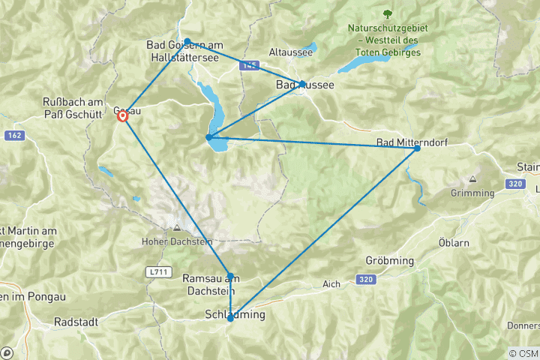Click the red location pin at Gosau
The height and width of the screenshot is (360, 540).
pyautogui.click(x=122, y=115)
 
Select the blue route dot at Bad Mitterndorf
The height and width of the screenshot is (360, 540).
pyautogui.click(x=417, y=148)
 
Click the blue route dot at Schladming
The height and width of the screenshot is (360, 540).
pyautogui.click(x=230, y=319)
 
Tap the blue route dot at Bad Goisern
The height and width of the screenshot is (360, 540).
pyautogui.click(x=187, y=41)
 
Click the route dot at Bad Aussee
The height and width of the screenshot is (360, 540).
pyautogui.click(x=302, y=83)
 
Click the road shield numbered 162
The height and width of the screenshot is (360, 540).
pyautogui.click(x=13, y=135)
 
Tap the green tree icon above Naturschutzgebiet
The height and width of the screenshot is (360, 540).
pyautogui.click(x=387, y=14)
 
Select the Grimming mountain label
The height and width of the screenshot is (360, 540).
pyautogui.click(x=473, y=192)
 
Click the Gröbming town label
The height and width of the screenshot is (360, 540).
pyautogui.click(x=390, y=259)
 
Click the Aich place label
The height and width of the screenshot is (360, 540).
pyautogui.click(x=332, y=283)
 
